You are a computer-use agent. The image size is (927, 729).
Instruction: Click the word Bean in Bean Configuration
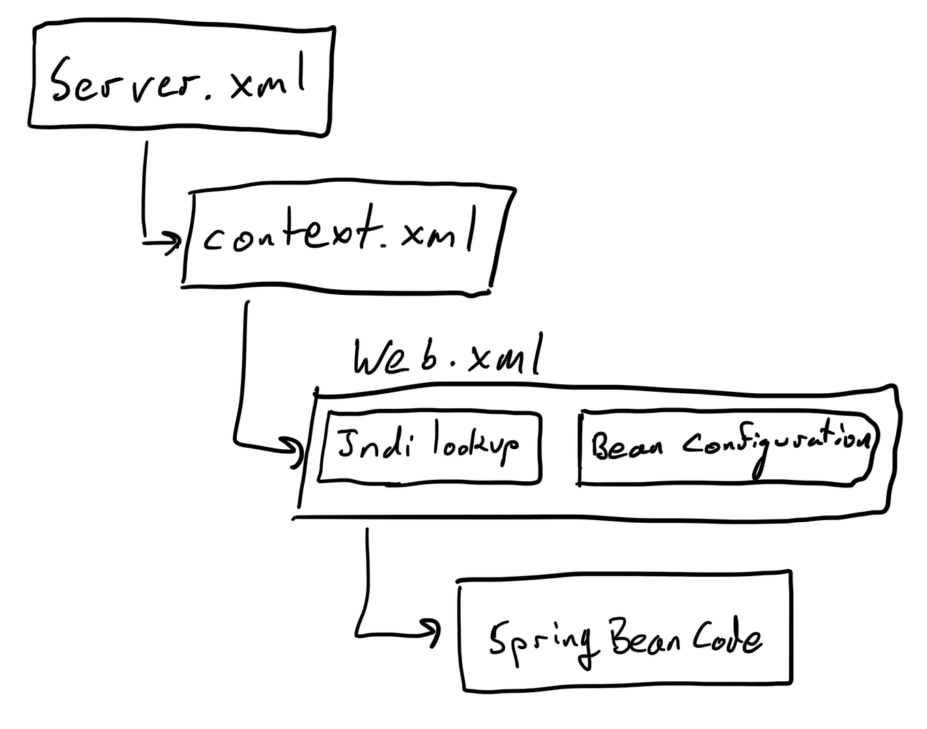pos(627,447)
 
